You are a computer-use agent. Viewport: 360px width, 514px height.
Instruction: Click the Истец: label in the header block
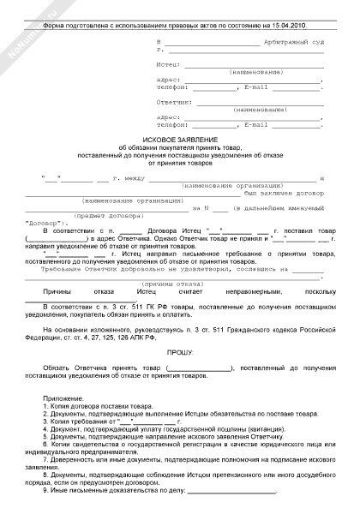tap(168, 64)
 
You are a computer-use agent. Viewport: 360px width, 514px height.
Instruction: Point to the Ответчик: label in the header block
tap(173, 101)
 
